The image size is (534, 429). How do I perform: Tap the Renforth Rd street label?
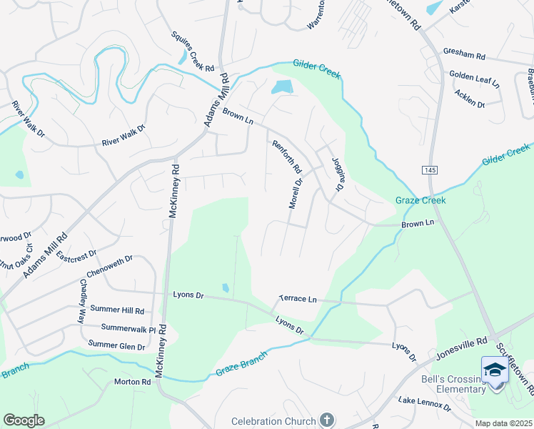(287, 156)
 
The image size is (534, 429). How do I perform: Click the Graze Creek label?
(420, 200)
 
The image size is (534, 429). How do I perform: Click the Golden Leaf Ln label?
(474, 78)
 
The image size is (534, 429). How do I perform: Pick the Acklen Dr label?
(470, 99)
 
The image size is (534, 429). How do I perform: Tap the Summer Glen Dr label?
(116, 345)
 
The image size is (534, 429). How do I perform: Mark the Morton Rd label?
(133, 382)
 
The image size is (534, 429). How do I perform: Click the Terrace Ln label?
(297, 299)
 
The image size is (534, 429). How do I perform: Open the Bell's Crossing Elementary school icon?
(494, 370)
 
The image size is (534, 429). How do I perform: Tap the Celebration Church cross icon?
(327, 420)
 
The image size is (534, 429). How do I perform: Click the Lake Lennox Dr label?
(425, 405)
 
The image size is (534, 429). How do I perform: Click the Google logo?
(24, 420)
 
